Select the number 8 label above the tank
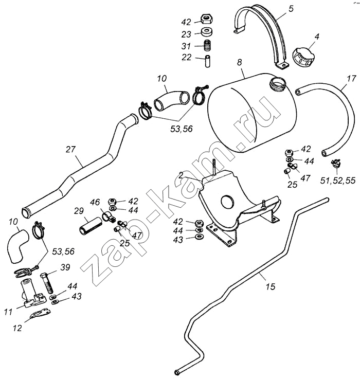tap(239, 63)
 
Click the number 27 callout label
tap(70, 149)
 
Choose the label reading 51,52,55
tap(337, 181)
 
